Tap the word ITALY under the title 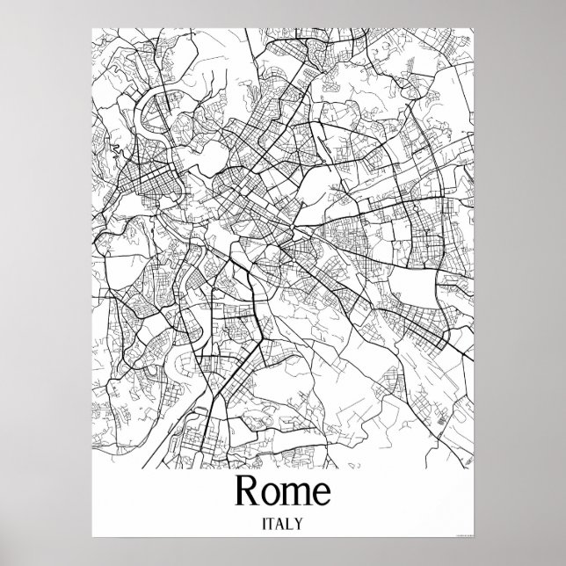click(281, 524)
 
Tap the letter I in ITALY click(263, 524)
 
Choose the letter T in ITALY click(271, 524)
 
